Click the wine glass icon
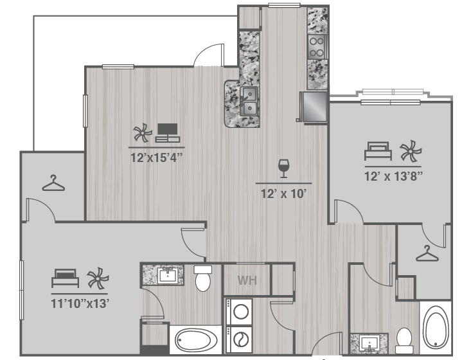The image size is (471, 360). click(283, 168)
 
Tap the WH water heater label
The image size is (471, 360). click(247, 280)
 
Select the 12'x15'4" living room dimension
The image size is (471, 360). click(157, 157)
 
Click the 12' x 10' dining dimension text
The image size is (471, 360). click(283, 194)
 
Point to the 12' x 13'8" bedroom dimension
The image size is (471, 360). click(393, 176)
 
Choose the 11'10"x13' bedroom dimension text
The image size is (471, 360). click(80, 303)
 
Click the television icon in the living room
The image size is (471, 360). click(167, 132)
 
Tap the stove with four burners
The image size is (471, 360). click(317, 47)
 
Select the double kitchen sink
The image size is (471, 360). click(249, 101)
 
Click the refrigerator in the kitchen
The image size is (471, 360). click(314, 107)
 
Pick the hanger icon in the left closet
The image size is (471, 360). click(53, 183)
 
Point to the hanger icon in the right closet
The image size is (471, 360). click(427, 253)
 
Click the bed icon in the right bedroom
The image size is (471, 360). click(378, 151)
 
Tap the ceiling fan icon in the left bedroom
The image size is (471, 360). click(98, 278)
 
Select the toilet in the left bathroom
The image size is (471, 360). click(203, 278)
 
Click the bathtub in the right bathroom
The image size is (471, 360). click(436, 327)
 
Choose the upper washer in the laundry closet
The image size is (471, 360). click(239, 311)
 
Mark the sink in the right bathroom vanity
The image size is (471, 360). click(369, 343)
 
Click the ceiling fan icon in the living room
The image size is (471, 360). click(143, 132)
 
